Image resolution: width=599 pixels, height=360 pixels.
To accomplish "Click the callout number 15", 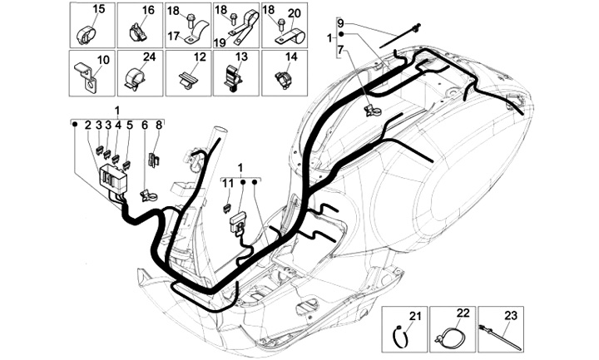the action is [x=98, y=9].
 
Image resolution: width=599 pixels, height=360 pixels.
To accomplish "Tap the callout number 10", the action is [x=103, y=60].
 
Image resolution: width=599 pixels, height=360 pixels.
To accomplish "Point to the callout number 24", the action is [x=150, y=57].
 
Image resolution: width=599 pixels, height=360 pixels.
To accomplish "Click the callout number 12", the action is [x=200, y=58].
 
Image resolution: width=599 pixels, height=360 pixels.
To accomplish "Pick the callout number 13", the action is [x=242, y=58].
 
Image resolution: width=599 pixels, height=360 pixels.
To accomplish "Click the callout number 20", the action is [x=293, y=12].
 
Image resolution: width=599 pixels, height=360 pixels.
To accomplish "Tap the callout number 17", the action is [x=173, y=35].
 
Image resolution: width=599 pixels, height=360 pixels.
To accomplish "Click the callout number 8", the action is [x=159, y=124].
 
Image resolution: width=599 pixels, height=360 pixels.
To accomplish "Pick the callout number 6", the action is [x=145, y=124].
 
